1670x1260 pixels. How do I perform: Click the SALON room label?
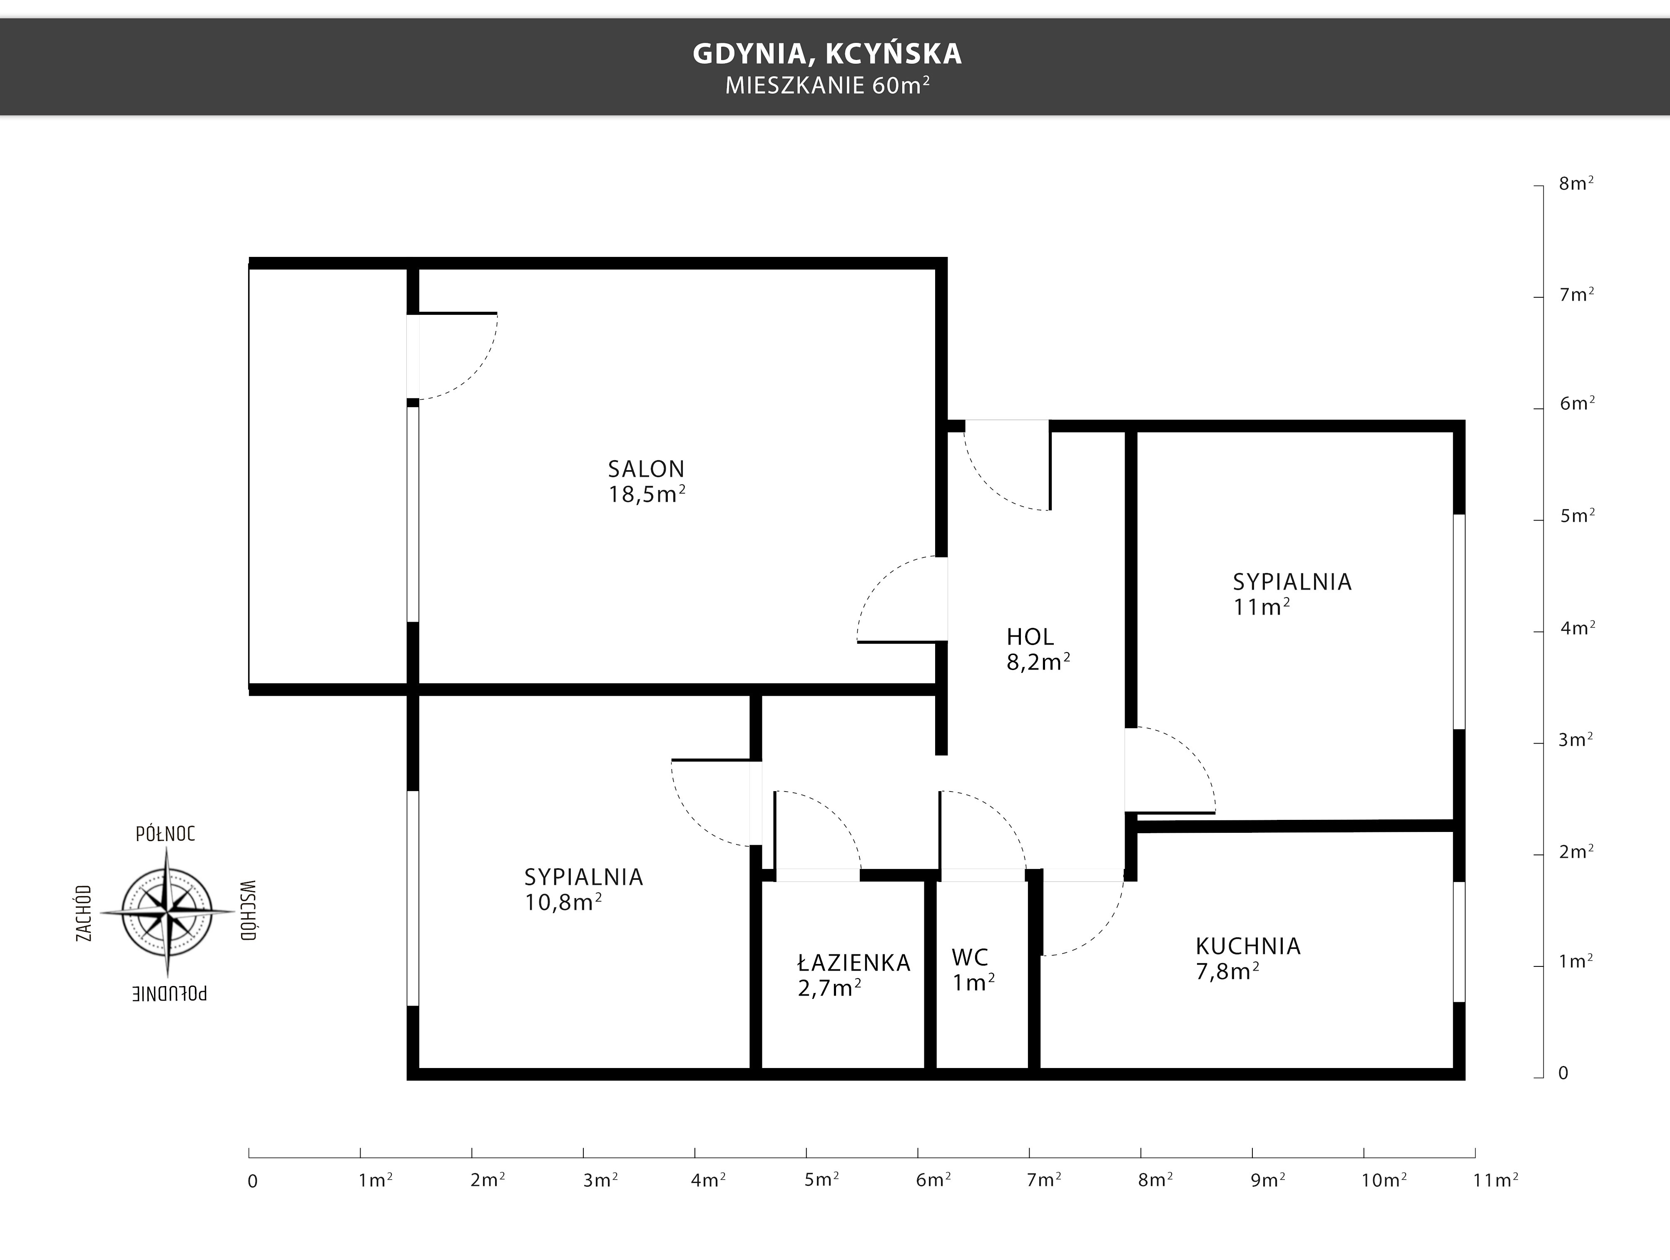647,481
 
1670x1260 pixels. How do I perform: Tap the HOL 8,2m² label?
1038,648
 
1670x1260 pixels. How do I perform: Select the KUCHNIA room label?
1248,958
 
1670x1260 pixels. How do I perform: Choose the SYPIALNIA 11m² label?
1292,593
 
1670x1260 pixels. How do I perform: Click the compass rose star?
167,912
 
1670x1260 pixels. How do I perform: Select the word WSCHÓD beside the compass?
249,911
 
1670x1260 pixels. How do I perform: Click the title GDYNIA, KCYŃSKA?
827,53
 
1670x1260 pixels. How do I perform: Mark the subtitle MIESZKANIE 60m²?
827,85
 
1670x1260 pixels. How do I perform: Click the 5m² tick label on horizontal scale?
821,1179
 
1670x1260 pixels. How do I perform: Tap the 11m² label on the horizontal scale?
1496,1179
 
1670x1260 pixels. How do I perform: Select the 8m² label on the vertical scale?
1576,184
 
